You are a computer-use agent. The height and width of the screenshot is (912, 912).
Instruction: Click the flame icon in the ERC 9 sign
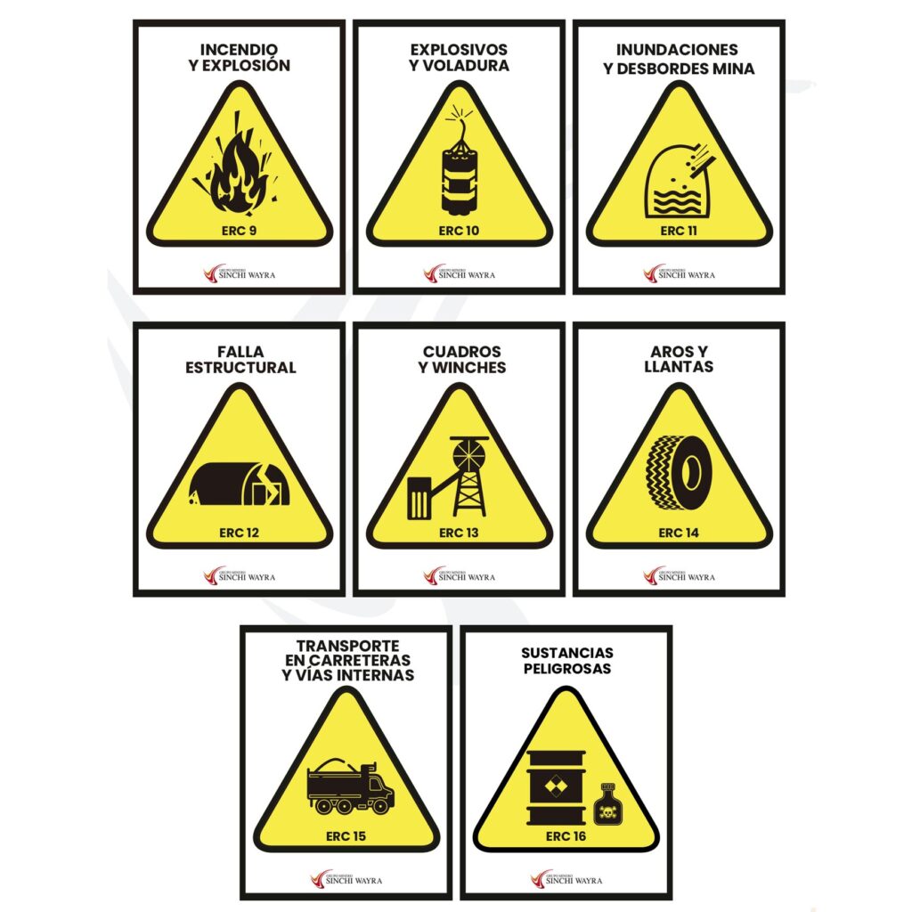239,175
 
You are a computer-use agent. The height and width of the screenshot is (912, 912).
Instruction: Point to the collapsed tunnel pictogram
239,484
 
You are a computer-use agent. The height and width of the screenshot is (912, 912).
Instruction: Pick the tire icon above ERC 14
680,472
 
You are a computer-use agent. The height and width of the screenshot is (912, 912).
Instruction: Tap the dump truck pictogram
350,786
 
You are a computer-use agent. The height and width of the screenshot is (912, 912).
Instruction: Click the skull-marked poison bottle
605,804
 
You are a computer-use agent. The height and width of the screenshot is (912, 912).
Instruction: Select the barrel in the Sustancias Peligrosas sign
556,787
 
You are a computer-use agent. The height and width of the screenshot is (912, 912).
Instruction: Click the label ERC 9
239,231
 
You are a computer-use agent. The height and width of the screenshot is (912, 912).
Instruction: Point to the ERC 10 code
459,231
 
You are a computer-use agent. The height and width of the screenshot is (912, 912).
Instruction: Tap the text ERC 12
239,533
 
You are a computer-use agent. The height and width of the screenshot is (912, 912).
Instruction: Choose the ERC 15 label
346,836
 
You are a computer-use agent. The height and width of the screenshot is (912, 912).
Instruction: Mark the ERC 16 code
566,836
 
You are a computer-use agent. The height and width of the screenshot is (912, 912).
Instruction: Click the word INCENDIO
239,50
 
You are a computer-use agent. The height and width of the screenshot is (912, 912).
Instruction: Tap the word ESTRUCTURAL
240,368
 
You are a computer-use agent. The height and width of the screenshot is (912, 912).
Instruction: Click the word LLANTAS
679,366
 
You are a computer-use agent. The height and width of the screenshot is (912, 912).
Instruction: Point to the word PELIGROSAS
567,669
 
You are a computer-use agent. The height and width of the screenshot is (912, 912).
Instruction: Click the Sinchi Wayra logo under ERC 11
679,273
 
